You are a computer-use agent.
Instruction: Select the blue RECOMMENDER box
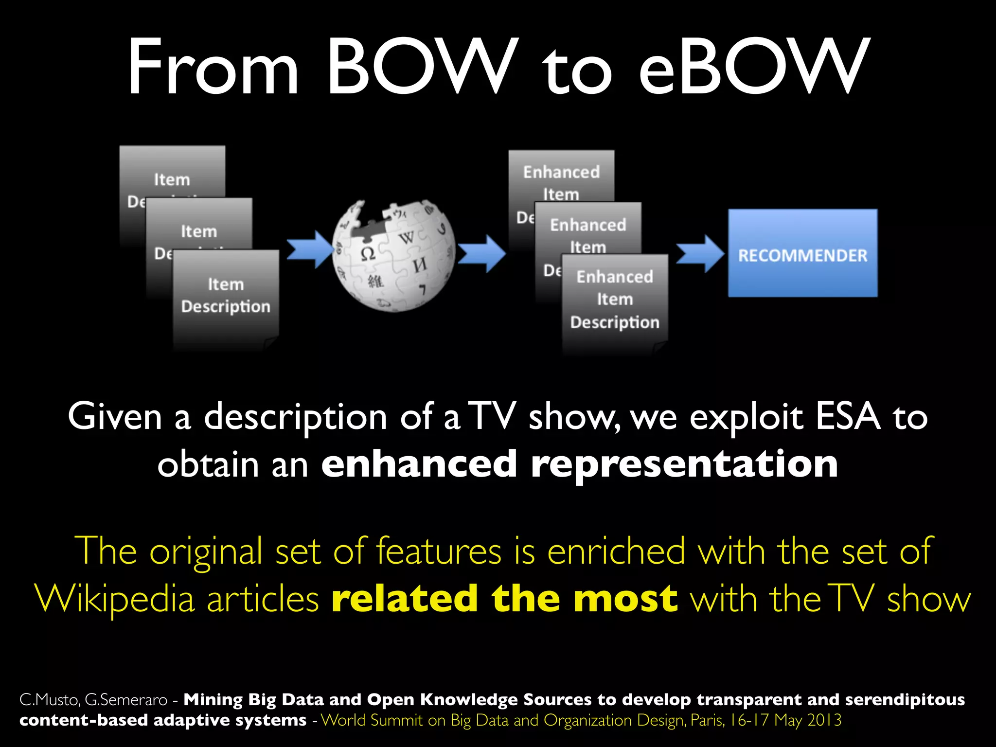pyautogui.click(x=802, y=253)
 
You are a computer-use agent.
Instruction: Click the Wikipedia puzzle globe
pyautogui.click(x=394, y=255)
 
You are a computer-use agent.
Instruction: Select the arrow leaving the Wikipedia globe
pyautogui.click(x=481, y=253)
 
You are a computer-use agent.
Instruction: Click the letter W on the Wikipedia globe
pyautogui.click(x=407, y=238)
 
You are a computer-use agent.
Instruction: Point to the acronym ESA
pyautogui.click(x=848, y=417)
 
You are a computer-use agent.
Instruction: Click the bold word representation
pyautogui.click(x=684, y=463)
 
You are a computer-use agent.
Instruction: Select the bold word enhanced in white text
pyautogui.click(x=419, y=463)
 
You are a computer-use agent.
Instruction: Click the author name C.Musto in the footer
pyautogui.click(x=50, y=700)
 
